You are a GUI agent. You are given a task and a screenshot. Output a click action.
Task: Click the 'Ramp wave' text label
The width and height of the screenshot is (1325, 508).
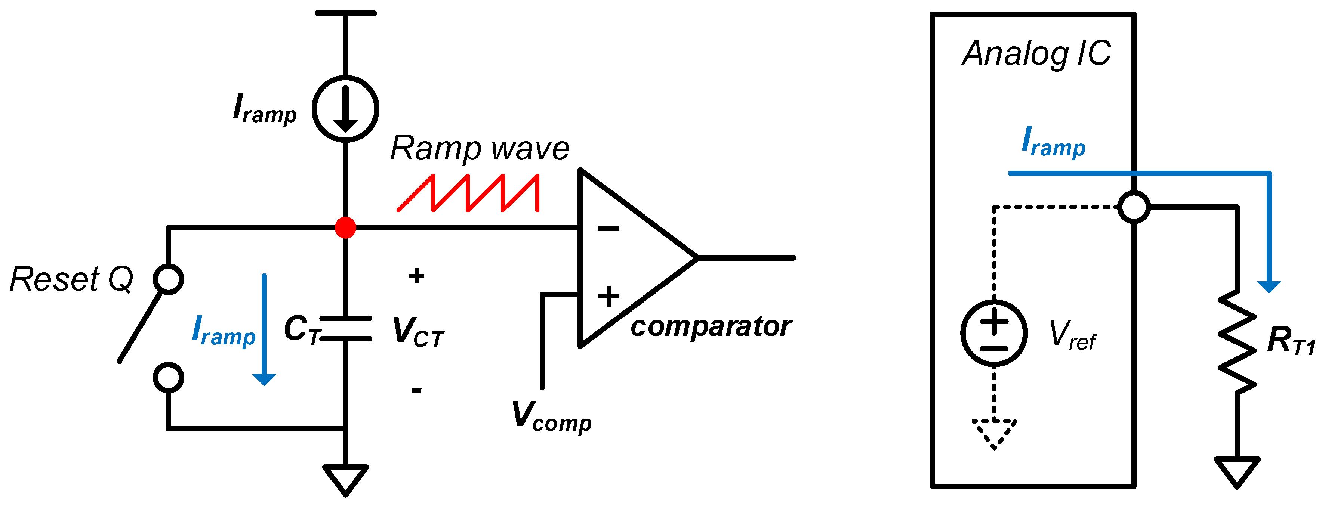(x=480, y=149)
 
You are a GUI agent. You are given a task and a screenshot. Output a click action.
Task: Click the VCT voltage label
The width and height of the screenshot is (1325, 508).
(x=417, y=332)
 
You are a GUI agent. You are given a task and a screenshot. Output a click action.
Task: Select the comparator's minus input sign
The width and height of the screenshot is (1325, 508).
(x=608, y=228)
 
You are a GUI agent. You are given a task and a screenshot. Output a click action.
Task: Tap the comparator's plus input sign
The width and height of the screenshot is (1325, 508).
(x=608, y=297)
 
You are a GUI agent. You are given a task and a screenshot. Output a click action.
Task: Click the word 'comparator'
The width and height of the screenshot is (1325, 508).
(x=711, y=326)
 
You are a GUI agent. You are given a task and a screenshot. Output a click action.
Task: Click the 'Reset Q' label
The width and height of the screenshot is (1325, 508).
(x=71, y=279)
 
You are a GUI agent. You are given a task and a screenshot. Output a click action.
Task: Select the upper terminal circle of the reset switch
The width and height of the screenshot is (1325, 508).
(x=168, y=279)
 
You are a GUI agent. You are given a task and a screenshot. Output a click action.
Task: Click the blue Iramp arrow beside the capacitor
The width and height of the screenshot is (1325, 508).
(x=264, y=329)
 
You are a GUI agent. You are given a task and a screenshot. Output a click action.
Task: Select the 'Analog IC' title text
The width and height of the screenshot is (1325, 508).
(x=1036, y=53)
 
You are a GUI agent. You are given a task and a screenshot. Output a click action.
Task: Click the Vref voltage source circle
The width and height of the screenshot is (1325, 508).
(x=994, y=333)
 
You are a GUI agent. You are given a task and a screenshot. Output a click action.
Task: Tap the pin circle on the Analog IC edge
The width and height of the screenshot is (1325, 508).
(x=1134, y=207)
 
